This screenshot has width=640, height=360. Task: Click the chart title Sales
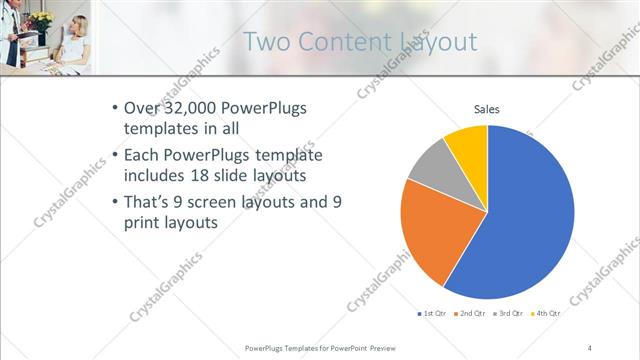(486, 109)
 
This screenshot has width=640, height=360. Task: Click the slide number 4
(590, 347)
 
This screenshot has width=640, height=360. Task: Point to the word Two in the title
(266, 42)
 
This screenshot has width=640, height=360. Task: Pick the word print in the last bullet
(146, 225)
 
